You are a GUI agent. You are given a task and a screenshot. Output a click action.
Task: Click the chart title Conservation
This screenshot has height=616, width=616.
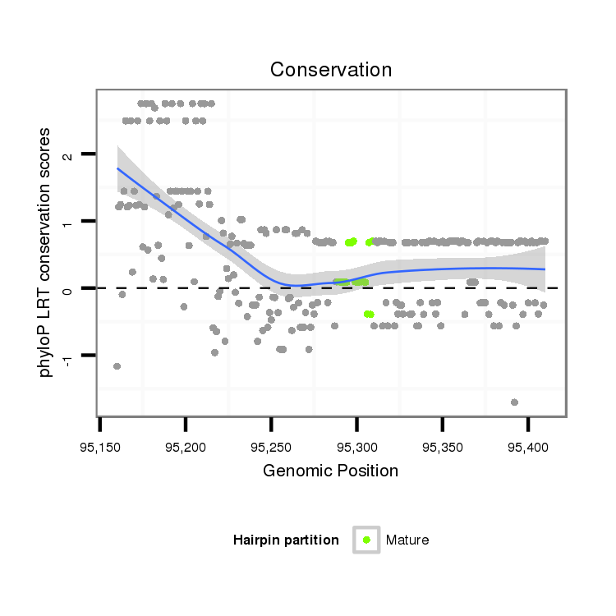click(331, 70)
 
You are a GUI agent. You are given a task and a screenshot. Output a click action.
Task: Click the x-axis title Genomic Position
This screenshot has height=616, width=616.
click(330, 471)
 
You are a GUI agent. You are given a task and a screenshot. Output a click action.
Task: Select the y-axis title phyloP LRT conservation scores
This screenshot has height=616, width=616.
click(47, 252)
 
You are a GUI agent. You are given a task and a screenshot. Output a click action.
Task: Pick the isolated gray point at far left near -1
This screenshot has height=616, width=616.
click(117, 366)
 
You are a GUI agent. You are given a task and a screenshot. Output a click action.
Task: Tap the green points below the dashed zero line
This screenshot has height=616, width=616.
click(369, 314)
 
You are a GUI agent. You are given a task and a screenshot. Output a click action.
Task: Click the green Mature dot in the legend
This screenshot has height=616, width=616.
click(366, 540)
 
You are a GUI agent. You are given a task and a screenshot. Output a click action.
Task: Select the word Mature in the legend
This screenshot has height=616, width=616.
click(407, 540)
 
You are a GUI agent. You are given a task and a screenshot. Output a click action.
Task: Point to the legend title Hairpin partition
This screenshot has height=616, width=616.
click(286, 540)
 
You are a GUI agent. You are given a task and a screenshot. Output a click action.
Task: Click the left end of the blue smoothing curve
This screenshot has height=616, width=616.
click(117, 168)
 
